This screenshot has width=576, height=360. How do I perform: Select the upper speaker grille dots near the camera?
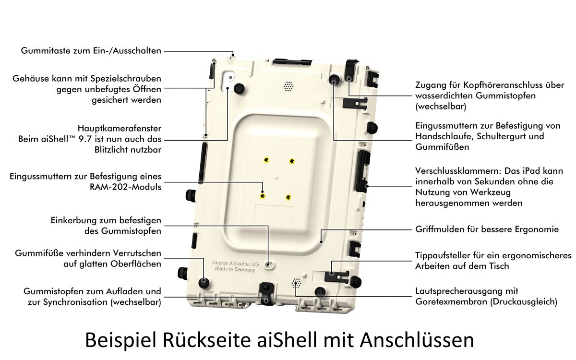288,86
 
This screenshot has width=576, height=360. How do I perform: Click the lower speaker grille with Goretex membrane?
297,283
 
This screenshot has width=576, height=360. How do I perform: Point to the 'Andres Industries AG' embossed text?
235,263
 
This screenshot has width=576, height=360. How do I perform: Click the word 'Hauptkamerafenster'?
120,128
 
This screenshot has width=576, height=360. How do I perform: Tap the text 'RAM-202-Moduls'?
125,187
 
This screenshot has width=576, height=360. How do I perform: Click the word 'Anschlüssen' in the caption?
417,340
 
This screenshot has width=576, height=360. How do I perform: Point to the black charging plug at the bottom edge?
266,293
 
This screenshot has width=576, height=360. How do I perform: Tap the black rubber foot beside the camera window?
240,89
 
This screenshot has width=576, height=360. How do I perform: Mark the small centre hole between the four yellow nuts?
277,179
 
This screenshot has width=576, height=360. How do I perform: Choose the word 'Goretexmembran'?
451,301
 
